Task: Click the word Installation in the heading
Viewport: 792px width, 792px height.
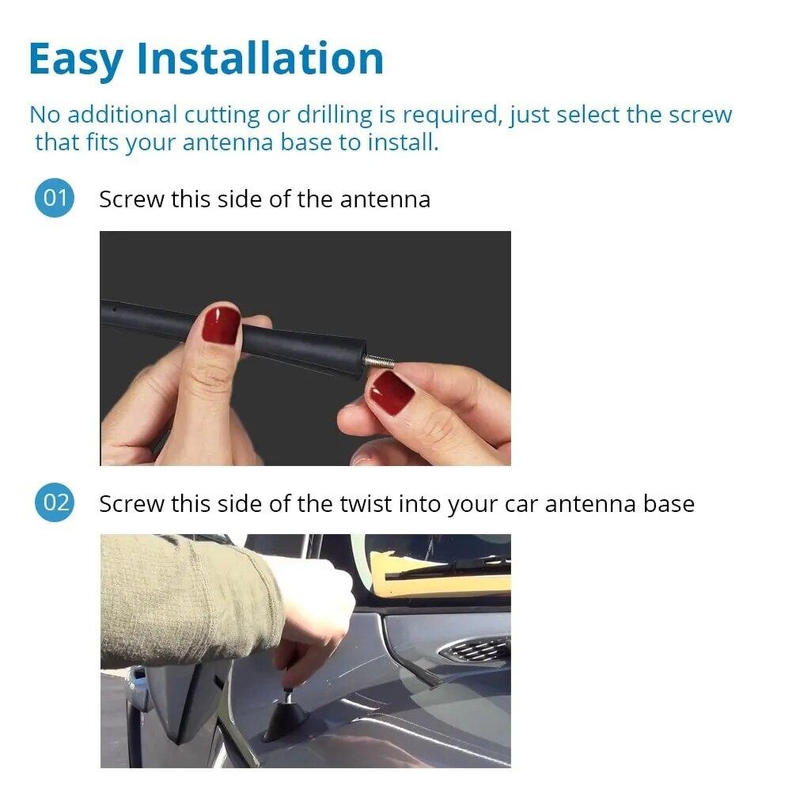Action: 260,59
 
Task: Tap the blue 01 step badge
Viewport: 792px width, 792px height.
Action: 55,197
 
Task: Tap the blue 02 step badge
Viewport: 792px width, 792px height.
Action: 55,503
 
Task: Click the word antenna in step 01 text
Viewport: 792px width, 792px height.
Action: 385,199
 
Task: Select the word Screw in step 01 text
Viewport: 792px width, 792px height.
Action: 131,199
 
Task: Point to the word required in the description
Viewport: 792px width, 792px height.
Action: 449,115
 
